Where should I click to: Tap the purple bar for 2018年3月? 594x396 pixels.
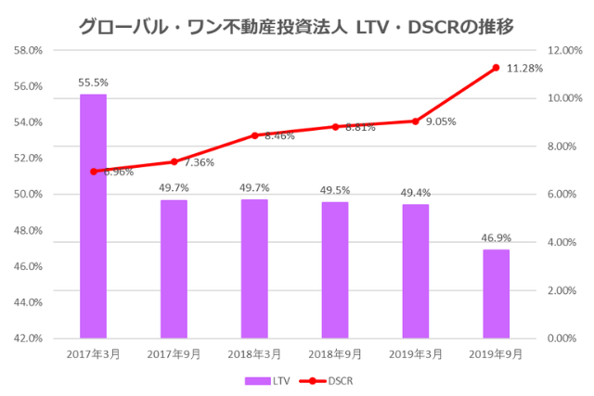(x=254, y=268)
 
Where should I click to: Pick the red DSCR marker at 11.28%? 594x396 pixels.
(x=496, y=68)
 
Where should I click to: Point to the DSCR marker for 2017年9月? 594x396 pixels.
(x=174, y=161)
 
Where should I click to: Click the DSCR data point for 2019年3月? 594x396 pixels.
(x=415, y=121)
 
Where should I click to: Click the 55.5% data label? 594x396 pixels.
(x=93, y=83)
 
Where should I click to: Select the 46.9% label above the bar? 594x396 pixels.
(x=496, y=237)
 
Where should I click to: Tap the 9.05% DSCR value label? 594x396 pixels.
(x=442, y=121)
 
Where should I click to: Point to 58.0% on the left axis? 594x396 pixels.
(x=28, y=50)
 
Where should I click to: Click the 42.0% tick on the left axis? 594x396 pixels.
(x=28, y=339)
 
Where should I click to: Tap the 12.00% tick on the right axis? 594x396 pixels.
(x=564, y=50)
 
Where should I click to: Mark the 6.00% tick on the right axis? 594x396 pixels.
(x=563, y=194)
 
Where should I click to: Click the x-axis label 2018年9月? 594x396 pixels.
(x=334, y=354)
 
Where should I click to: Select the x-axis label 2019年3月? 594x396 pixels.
(x=415, y=354)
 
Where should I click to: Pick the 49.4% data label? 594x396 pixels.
(x=415, y=192)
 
